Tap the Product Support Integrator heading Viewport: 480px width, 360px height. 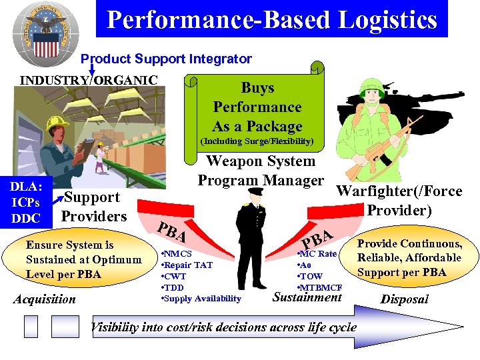[x=166, y=59]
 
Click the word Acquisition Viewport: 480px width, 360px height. [x=45, y=299]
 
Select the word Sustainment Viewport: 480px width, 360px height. [x=307, y=297]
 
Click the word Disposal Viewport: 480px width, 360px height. [x=404, y=299]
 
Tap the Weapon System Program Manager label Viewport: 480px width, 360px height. [x=261, y=171]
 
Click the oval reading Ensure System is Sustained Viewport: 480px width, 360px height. [x=83, y=260]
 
